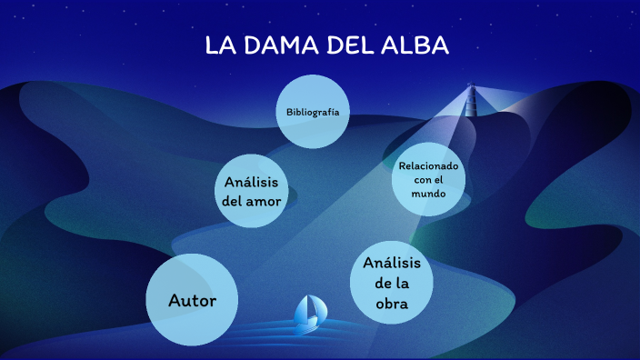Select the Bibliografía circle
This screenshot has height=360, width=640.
pos(313,112)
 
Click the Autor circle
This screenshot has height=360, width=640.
pos(192,300)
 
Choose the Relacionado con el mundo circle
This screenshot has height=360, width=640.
pos(428,180)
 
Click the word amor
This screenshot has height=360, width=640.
pos(264,201)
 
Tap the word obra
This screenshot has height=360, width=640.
pos(392,304)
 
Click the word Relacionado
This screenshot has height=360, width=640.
pos(428,166)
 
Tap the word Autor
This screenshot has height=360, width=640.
pos(192,300)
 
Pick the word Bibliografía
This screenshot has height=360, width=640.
pos(313,112)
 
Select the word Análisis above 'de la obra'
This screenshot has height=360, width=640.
pos(392,263)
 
